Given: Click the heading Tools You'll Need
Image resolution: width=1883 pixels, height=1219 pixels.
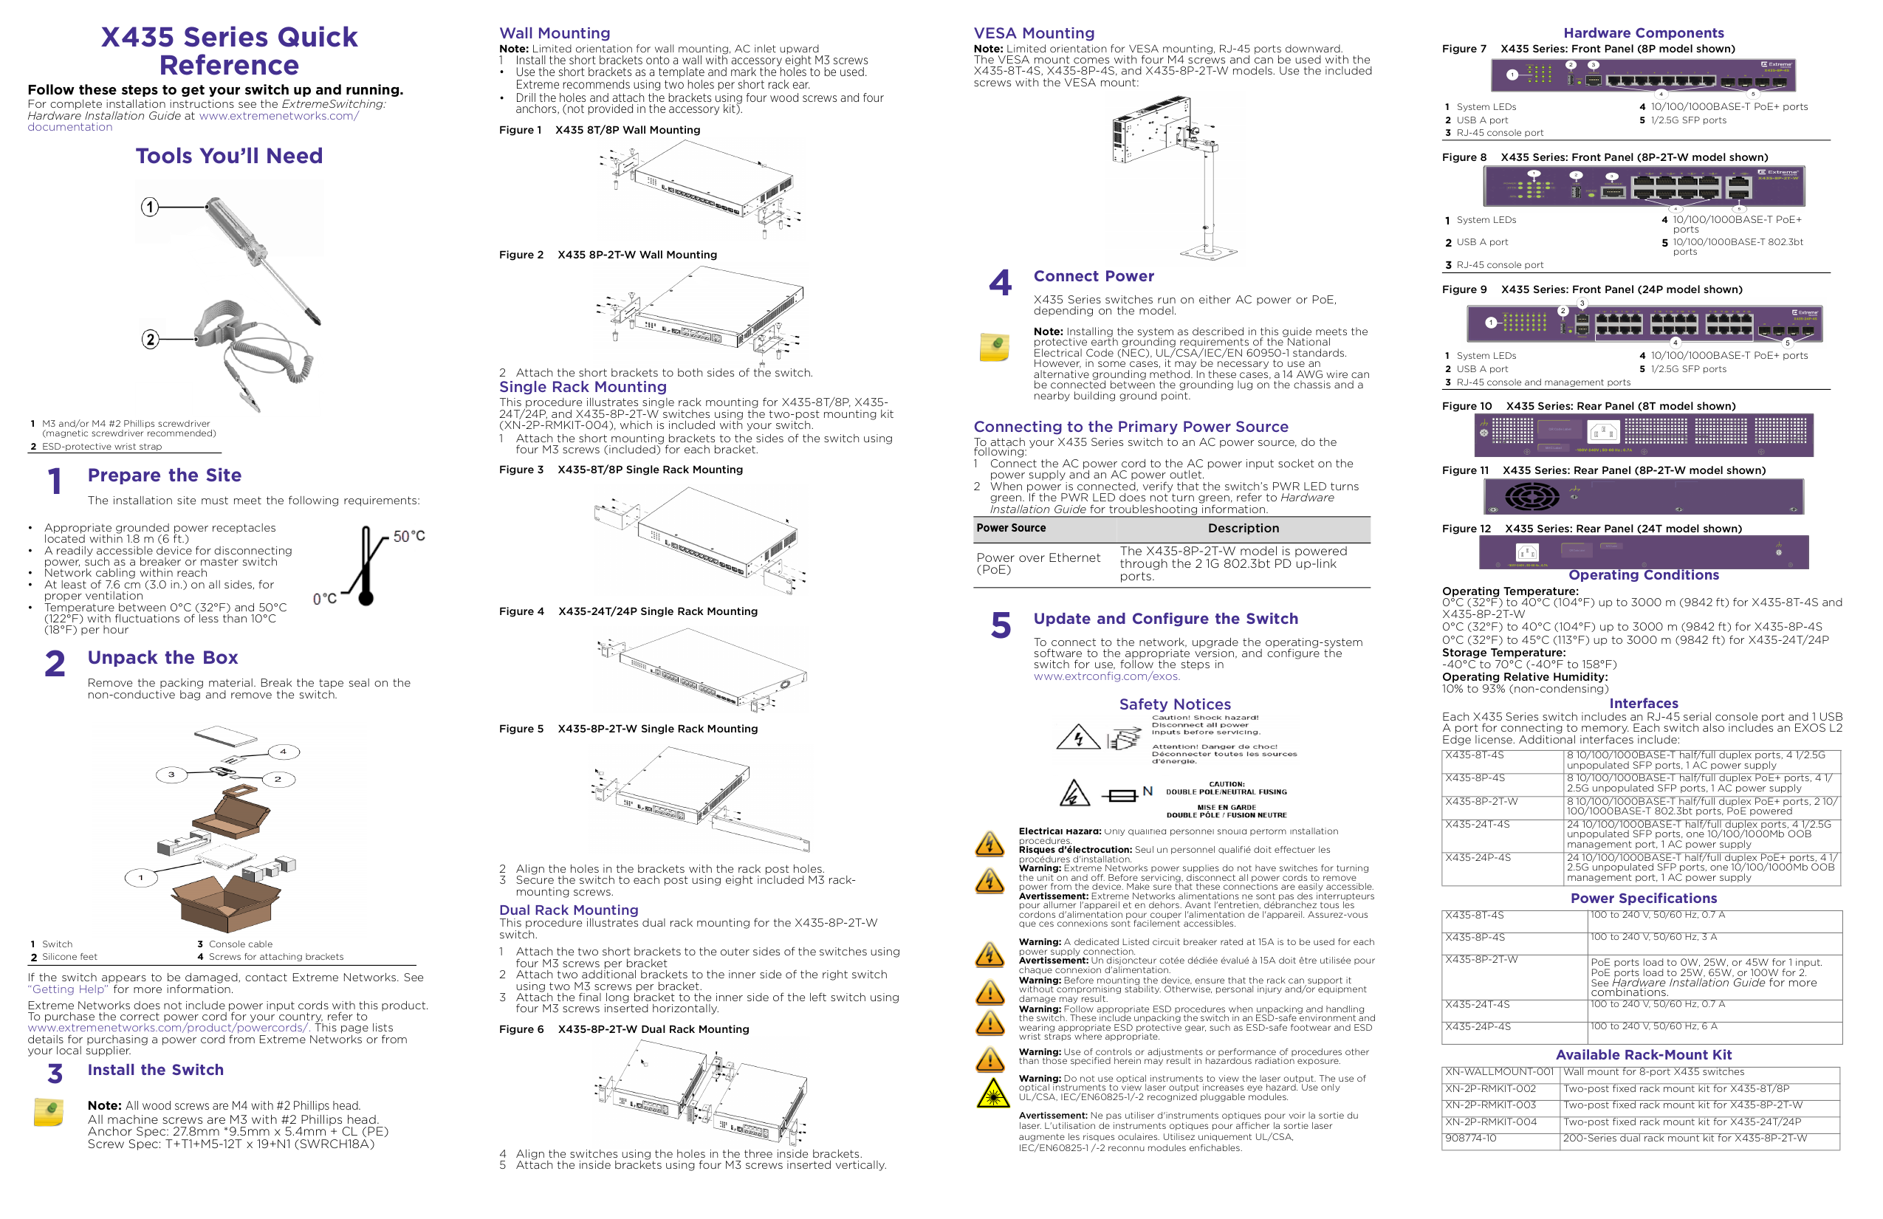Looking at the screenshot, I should (x=229, y=156).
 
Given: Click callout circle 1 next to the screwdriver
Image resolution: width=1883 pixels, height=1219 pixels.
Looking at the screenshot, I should (x=149, y=207).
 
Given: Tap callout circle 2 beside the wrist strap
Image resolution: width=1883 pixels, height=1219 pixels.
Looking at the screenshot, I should (x=149, y=340).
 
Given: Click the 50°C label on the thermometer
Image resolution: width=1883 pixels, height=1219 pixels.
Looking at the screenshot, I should (x=409, y=536).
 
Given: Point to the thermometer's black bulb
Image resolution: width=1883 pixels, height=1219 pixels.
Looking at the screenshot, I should (x=366, y=598).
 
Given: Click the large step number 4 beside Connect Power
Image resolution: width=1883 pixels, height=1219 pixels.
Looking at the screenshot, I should (x=1000, y=282).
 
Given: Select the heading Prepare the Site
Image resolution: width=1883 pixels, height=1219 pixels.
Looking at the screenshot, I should (x=165, y=475).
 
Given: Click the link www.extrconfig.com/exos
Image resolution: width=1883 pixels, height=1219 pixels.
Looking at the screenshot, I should (x=1106, y=676).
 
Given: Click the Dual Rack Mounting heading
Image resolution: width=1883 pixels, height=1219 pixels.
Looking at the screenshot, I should (x=568, y=910).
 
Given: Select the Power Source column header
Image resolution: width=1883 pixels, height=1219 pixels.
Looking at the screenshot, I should (x=1010, y=528).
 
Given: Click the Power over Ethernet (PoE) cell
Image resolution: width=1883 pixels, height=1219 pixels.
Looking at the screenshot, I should (x=1038, y=563).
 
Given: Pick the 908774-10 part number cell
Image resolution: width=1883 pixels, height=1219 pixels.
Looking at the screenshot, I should (x=1470, y=1139).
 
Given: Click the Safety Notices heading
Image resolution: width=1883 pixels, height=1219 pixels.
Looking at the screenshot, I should (x=1174, y=704).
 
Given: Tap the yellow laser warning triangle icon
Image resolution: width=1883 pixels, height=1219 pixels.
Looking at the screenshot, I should (x=990, y=1094).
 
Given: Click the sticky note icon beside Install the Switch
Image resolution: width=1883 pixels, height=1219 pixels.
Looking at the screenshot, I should (x=48, y=1111).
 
